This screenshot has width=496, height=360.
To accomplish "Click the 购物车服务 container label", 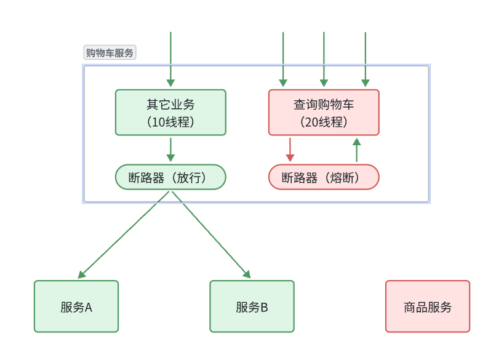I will [x=110, y=53].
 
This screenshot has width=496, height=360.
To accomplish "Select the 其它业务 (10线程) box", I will [x=170, y=112].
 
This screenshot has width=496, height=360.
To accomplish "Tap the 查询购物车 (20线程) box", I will [x=324, y=112].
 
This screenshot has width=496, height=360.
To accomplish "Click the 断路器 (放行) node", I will [x=170, y=177].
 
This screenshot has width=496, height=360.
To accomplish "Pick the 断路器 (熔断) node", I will [x=324, y=177].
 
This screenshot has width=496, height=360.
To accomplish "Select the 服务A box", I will [x=76, y=306].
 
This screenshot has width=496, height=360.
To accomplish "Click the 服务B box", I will [x=252, y=306].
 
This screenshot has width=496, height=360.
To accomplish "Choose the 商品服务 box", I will [x=428, y=306].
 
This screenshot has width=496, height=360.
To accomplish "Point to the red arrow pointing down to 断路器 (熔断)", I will [x=290, y=149].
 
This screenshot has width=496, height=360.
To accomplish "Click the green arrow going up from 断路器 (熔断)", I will [x=356, y=150].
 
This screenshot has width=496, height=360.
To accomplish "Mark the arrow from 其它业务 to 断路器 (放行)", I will [x=170, y=150].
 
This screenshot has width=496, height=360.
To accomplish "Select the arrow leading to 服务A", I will [x=123, y=234].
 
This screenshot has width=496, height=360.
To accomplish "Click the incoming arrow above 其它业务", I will [x=170, y=59].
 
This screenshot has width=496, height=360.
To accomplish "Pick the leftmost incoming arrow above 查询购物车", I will [x=283, y=59].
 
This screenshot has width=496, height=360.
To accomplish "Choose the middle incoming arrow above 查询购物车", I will [x=324, y=59].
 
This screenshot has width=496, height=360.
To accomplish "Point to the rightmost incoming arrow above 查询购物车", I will [x=366, y=59].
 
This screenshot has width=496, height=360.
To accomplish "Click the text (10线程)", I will [x=170, y=122].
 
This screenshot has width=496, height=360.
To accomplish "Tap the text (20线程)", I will [x=324, y=122].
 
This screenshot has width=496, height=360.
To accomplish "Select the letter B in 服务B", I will [x=264, y=308].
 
